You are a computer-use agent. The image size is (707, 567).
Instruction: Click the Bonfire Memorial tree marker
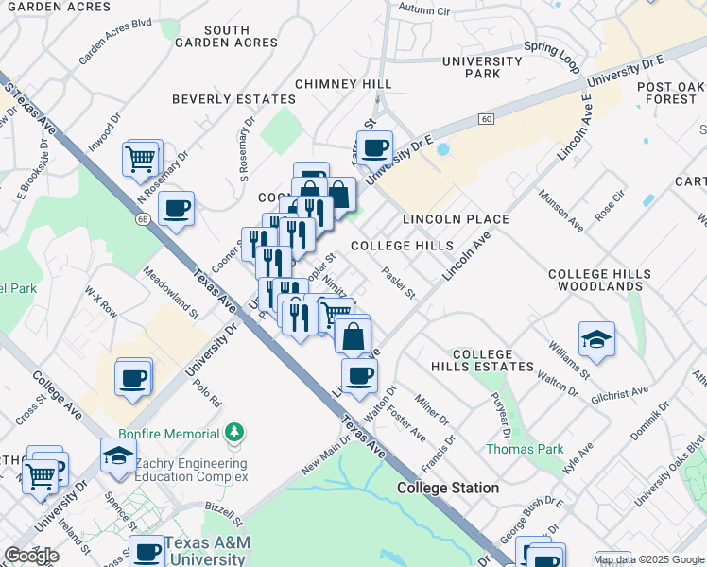coord(234,433)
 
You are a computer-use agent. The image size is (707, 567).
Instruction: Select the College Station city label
coord(448,488)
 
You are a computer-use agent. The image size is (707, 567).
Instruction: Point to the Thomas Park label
coord(510,449)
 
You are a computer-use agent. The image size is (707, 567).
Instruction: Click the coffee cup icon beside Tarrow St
coord(375,148)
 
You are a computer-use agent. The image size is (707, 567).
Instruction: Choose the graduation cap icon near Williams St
coord(596,339)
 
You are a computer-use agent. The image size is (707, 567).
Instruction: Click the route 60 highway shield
coord(486,118)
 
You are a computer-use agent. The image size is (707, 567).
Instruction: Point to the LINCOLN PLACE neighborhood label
coord(456,219)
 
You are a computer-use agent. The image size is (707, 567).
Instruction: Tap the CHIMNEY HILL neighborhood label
coord(343,84)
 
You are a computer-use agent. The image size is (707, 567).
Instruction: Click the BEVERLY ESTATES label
coord(233,99)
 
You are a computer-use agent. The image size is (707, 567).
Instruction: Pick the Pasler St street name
coord(399,281)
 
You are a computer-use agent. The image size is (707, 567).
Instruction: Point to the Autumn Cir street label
coord(423,9)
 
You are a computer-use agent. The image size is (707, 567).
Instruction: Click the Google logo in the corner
coord(31,556)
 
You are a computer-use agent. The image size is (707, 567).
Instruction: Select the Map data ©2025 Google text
coord(648,559)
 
